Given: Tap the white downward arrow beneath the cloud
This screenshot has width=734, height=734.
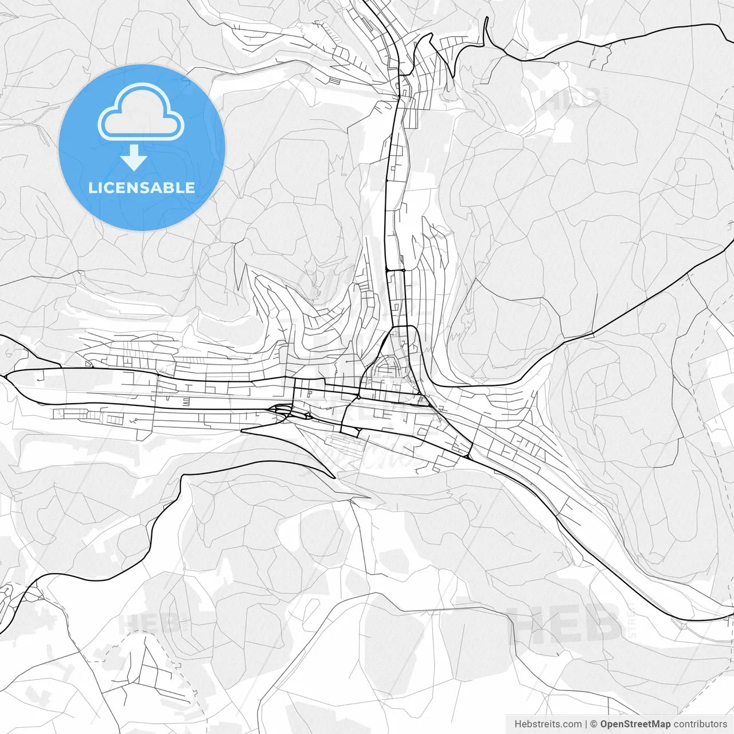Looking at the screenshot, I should coord(134,158).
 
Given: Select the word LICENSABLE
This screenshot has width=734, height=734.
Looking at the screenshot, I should coord(142,188).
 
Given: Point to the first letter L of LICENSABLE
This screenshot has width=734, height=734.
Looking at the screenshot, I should coord(92,188).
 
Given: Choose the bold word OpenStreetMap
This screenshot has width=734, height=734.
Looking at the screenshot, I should coord(635,724).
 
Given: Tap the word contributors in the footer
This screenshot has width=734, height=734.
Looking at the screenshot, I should coord(700,724).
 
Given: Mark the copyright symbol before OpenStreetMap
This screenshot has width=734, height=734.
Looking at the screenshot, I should coord(594,724).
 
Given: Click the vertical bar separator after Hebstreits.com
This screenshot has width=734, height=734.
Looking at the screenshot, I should coord(586,724).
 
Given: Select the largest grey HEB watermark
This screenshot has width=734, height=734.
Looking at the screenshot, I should coord(565,623).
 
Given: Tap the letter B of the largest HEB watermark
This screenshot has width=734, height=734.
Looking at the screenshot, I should coord(602,623).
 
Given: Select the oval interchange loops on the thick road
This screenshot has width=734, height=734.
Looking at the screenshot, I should coord(281,410).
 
